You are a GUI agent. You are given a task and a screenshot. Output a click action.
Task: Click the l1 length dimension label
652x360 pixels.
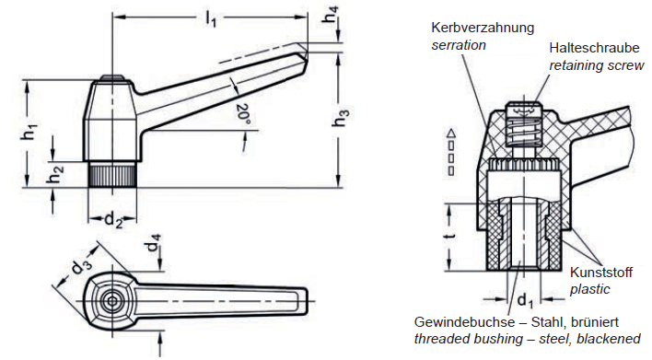pyautogui.click(x=211, y=19)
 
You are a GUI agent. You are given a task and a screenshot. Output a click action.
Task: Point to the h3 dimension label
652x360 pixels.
pyautogui.click(x=342, y=117)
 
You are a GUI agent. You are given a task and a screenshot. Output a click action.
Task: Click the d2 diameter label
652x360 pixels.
pyautogui.click(x=112, y=219)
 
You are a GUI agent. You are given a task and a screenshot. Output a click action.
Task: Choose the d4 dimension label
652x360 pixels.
pyautogui.click(x=155, y=243)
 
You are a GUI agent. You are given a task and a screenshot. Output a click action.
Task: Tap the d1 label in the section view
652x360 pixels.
pyautogui.click(x=525, y=300)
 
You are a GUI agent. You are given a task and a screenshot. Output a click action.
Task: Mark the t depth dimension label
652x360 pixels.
pyautogui.click(x=450, y=236)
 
